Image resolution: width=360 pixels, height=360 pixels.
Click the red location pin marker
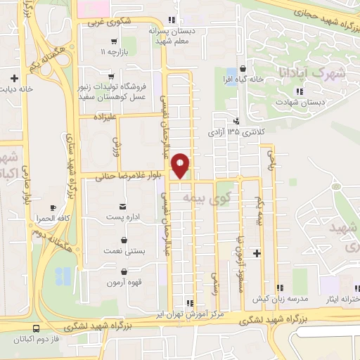click(x=181, y=165)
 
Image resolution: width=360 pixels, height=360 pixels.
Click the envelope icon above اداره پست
click(x=123, y=206)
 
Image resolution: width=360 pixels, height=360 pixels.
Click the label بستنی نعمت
click(x=123, y=250)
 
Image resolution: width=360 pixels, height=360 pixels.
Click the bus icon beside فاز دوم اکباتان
click(x=35, y=328)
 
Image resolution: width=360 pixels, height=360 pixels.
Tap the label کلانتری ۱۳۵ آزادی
click(x=235, y=131)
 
